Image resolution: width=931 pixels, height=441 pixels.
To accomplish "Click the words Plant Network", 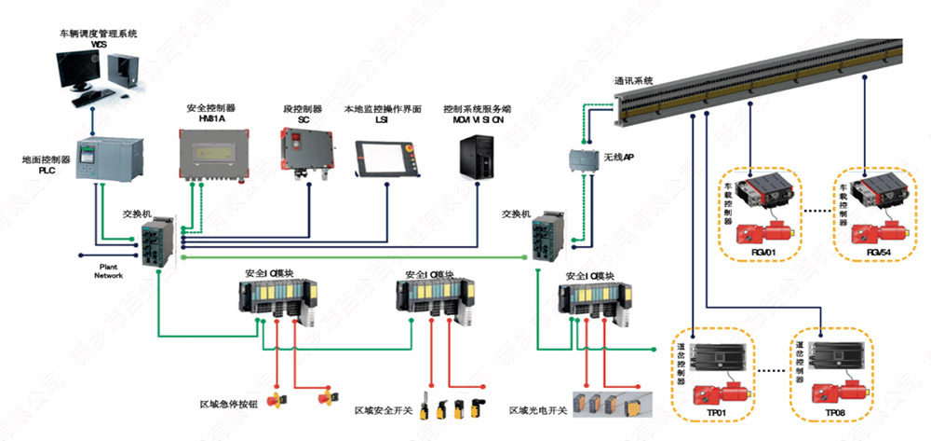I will click(109, 270).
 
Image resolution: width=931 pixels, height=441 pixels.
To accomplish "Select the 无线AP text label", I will click(619, 158).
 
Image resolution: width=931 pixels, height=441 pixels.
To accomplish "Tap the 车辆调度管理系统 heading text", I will click(99, 34).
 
